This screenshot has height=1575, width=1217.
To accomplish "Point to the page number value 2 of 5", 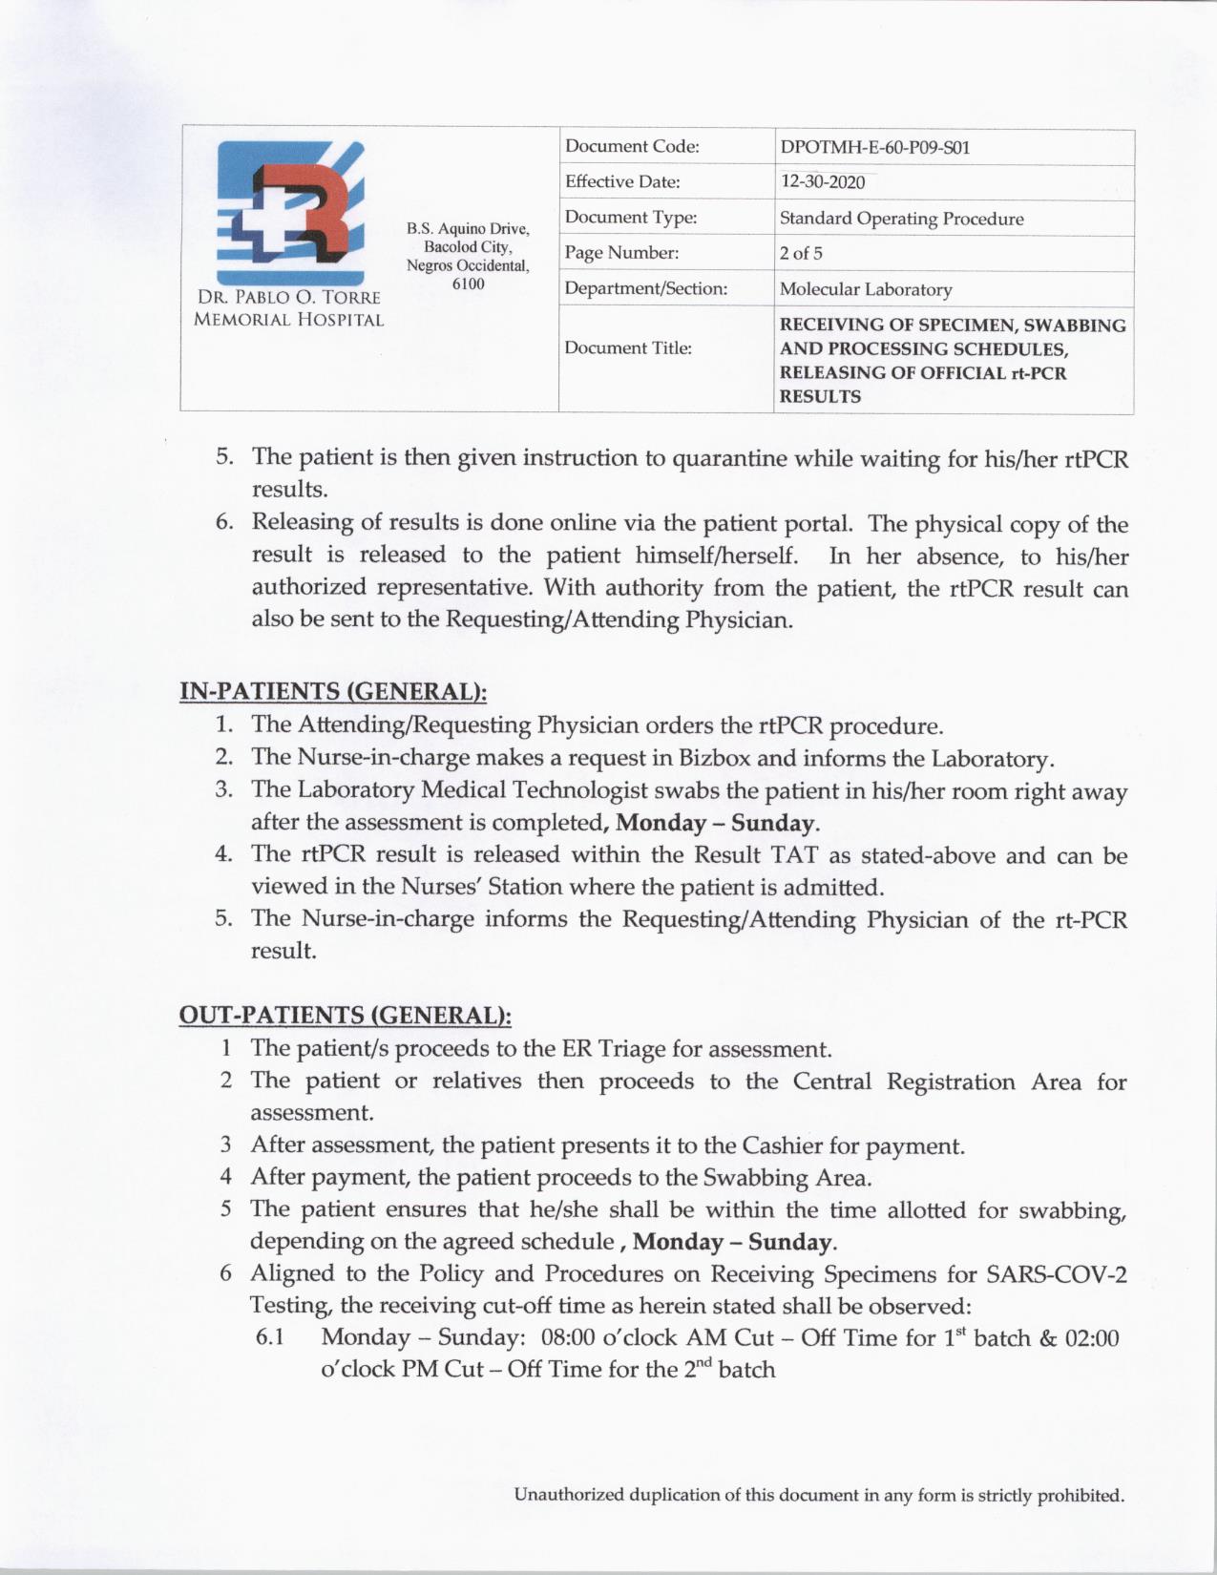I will pos(801,254).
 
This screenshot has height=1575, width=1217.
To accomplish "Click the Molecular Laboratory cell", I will pos(865,289).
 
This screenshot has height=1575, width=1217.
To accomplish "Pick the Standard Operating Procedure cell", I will pos(901,219).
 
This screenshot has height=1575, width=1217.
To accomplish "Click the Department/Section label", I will pos(645,288).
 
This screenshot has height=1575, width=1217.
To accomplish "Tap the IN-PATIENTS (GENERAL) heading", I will pos(340,691).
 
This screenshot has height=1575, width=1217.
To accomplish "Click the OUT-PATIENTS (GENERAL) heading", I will pos(345,1014).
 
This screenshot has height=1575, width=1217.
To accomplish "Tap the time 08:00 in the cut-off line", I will pos(568,1337).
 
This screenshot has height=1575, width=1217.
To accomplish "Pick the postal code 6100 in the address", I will pos(468,283).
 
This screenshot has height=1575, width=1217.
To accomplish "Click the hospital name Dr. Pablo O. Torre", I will pos(288,298).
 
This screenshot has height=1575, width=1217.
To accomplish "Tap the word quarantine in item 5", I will pos(733,459).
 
